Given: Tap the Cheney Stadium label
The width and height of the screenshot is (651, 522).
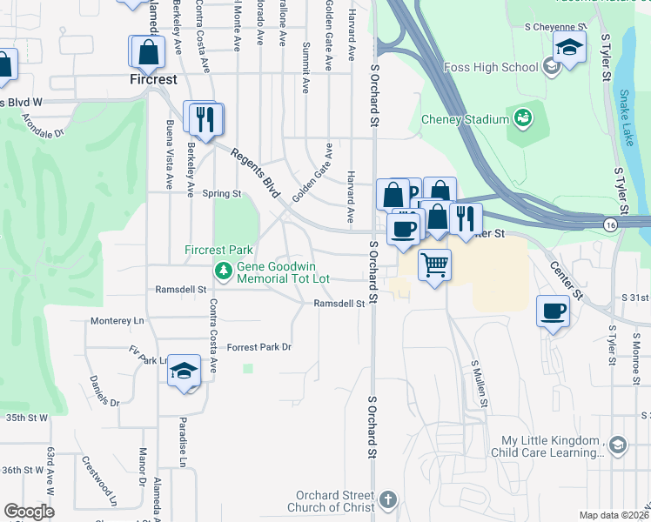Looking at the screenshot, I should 464,119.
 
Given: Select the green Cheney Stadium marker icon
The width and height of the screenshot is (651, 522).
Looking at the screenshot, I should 523,117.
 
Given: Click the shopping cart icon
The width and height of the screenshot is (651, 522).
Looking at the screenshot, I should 434,264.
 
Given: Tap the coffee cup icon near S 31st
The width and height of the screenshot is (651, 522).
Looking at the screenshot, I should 553,311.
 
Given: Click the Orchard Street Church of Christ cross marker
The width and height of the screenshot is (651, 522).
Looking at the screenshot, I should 387,499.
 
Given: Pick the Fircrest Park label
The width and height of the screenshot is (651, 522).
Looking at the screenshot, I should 218,250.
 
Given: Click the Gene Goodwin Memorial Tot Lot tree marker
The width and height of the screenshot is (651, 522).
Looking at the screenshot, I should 224,271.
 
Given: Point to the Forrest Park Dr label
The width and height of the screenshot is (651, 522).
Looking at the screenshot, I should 258,347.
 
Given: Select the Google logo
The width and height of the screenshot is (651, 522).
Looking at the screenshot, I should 29,512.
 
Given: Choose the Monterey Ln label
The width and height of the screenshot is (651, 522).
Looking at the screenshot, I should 117,321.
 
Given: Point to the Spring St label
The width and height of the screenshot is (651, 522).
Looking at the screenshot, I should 221,194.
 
